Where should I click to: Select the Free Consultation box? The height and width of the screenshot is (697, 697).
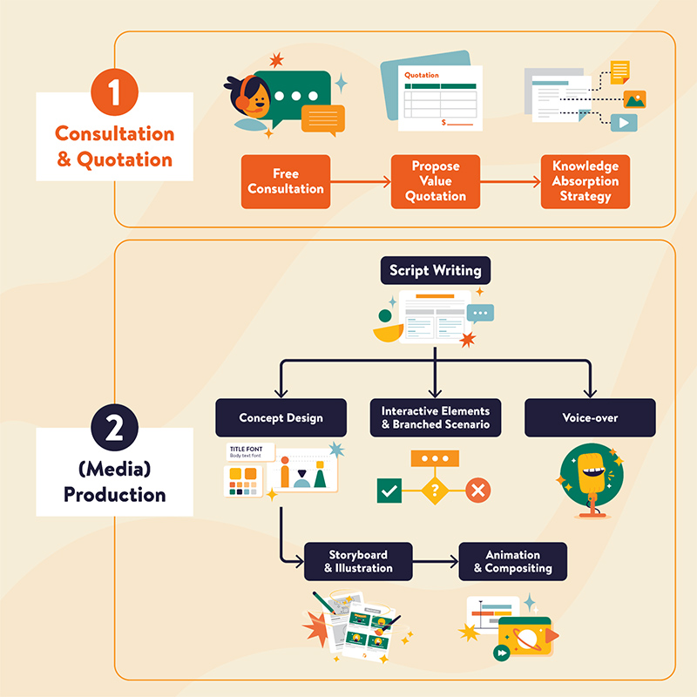(286, 181)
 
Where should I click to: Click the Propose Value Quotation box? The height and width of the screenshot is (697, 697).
(436, 181)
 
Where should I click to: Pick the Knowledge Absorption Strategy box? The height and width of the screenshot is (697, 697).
(585, 181)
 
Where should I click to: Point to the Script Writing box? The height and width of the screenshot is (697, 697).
(436, 270)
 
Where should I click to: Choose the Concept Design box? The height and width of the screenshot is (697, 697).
(281, 418)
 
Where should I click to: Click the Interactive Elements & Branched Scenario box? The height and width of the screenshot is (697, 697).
(436, 418)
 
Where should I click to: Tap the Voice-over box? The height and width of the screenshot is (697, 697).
(590, 418)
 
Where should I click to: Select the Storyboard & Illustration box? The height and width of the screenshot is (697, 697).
(358, 562)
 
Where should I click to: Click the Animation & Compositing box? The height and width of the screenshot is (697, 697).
(512, 562)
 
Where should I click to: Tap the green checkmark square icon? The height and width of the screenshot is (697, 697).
(389, 491)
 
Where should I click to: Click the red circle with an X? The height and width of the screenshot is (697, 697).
(477, 491)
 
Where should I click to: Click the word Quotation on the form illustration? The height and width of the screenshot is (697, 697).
(423, 75)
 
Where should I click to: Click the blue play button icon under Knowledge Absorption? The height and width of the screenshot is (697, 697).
(623, 123)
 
